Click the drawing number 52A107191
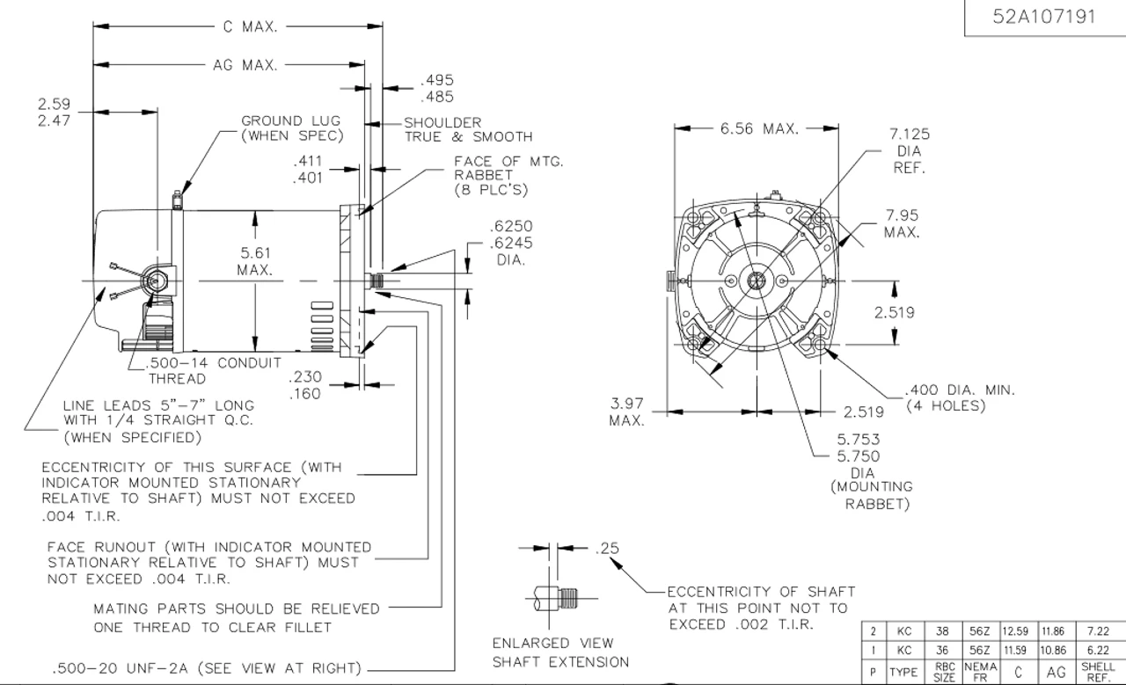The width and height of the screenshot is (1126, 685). pyautogui.click(x=1043, y=17)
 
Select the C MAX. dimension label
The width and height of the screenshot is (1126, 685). pyautogui.click(x=251, y=26)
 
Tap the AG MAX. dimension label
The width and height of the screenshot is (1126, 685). pyautogui.click(x=245, y=65)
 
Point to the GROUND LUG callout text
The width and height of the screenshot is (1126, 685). pyautogui.click(x=292, y=128)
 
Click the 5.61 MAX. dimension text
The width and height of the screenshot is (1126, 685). pyautogui.click(x=255, y=261)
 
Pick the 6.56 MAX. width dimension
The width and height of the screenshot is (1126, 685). pyautogui.click(x=759, y=128)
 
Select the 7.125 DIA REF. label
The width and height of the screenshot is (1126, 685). pyautogui.click(x=910, y=150)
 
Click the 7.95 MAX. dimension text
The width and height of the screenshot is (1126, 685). pyautogui.click(x=902, y=223)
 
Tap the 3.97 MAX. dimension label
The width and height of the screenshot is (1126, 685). pyautogui.click(x=627, y=412)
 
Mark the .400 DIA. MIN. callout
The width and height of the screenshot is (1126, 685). pyautogui.click(x=960, y=397)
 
